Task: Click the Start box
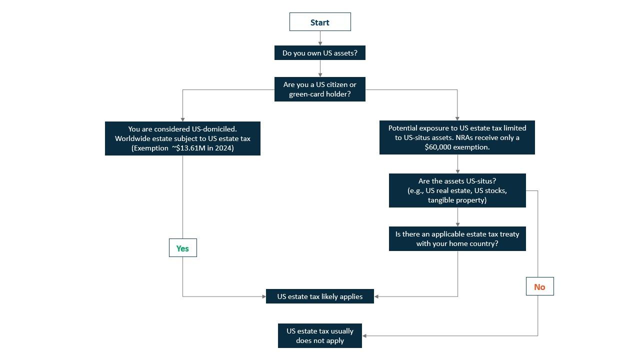[320, 22]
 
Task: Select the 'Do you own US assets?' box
[320, 53]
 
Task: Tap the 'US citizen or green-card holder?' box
[320, 89]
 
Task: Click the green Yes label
[182, 248]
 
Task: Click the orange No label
[539, 286]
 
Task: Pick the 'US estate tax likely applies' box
[320, 296]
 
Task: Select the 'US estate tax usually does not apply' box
[320, 335]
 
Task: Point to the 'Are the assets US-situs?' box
[457, 190]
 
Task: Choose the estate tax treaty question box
[457, 238]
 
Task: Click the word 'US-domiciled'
[214, 129]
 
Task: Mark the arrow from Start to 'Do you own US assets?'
[320, 38]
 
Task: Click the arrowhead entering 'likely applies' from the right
[376, 296]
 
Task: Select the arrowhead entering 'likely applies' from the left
[263, 296]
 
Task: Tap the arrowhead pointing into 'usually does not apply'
[364, 335]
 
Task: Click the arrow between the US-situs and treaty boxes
[457, 217]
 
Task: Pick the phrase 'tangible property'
[457, 200]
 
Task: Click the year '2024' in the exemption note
[224, 148]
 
